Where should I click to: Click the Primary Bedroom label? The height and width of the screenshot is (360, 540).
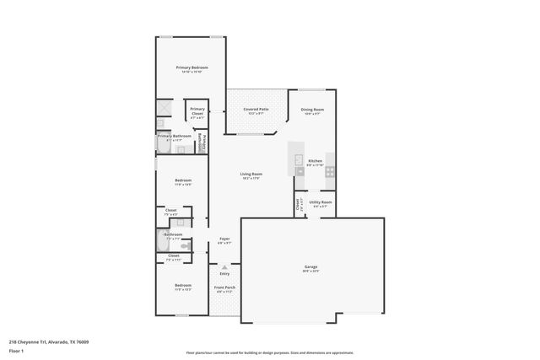192,67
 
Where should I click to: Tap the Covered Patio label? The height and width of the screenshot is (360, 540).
256,110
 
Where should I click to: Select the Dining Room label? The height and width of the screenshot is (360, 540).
312,110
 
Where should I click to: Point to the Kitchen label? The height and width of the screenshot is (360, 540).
315,161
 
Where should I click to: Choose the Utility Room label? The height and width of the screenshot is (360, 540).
320,202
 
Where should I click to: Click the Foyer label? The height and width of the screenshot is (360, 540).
224,239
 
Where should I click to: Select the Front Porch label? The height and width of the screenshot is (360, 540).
224,287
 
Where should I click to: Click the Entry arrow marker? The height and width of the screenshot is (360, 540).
224,267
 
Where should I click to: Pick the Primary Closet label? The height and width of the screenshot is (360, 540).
197,110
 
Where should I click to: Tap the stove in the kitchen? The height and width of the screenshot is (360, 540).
330,171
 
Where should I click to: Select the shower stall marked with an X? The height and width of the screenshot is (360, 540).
164,108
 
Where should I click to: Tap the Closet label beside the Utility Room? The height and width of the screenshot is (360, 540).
299,203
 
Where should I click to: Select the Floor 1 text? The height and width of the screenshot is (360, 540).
16,350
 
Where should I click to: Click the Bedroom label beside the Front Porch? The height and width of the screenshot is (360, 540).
183,287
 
